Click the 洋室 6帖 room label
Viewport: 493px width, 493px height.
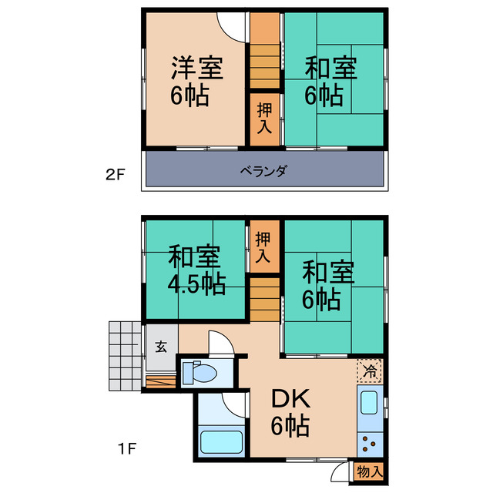coord(196,81)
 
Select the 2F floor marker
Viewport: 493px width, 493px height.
coord(115,174)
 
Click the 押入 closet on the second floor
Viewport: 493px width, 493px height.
coord(263,119)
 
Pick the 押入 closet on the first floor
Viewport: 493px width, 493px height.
coord(263,246)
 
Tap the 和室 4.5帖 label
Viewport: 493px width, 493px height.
coord(196,270)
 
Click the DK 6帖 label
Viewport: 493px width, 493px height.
coord(290,411)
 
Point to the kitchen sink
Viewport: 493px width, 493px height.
coord(369,403)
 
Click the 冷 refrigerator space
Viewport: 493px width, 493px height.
coord(371,371)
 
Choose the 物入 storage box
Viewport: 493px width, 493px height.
coord(368,470)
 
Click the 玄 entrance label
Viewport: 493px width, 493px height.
coord(162,347)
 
